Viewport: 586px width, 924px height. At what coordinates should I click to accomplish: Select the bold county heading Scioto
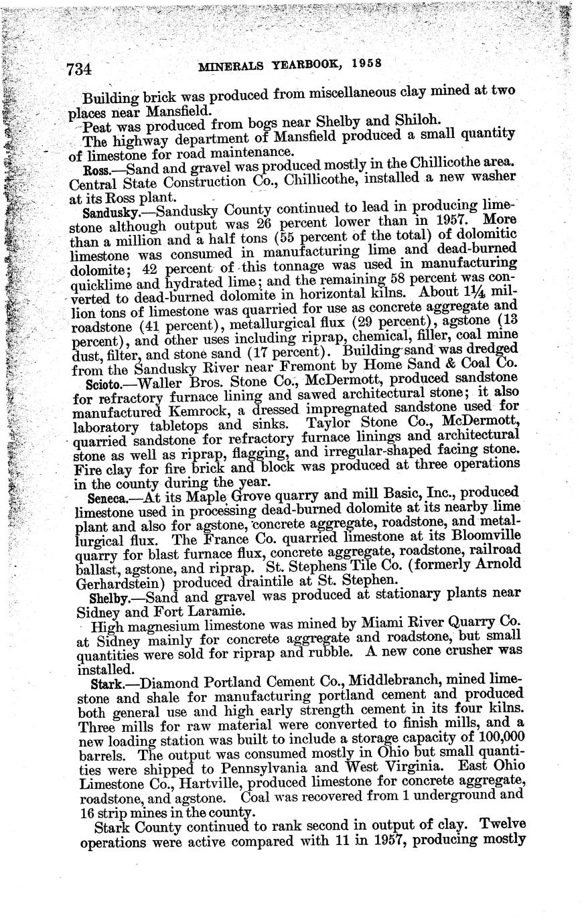pyautogui.click(x=101, y=384)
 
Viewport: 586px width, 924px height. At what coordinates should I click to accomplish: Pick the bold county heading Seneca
pyautogui.click(x=104, y=499)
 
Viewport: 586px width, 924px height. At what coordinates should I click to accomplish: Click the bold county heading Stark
pyautogui.click(x=104, y=684)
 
